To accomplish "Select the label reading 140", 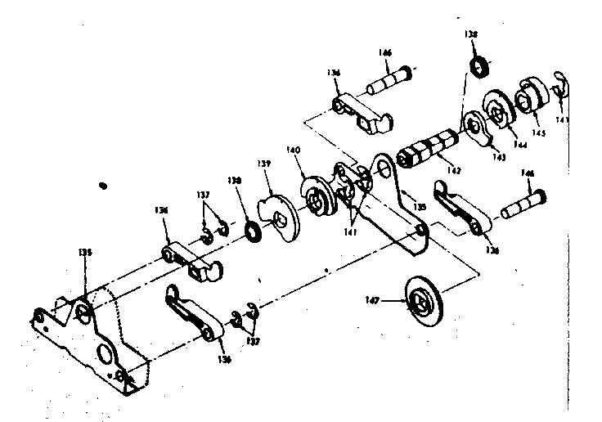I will [x=293, y=150].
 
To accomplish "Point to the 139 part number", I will [x=263, y=164].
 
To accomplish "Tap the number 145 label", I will [x=539, y=132].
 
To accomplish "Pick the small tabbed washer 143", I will [x=475, y=124].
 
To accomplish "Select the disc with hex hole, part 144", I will [x=500, y=103].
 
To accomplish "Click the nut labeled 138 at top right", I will [x=477, y=65].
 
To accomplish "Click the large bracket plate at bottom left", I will [x=102, y=335].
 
